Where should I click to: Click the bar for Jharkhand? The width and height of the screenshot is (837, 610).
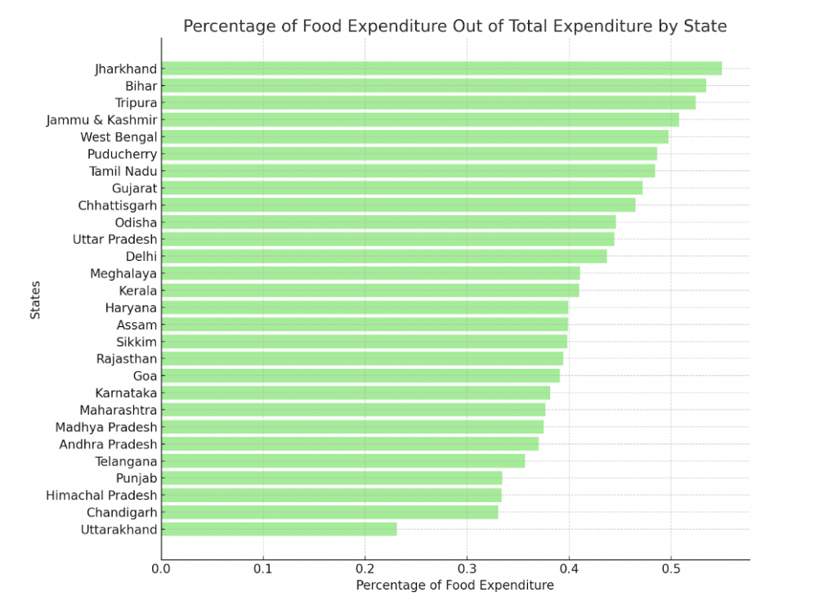tap(441, 69)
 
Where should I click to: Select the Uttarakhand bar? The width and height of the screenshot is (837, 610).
tap(279, 530)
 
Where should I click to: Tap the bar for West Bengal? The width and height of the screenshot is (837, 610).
tap(414, 137)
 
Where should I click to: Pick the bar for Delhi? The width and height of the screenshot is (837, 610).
tap(384, 257)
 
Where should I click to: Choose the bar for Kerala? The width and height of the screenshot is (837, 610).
tap(370, 290)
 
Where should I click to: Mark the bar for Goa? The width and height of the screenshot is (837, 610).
tap(360, 376)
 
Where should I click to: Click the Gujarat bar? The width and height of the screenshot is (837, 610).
tap(402, 188)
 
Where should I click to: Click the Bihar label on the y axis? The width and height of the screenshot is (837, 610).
tap(141, 86)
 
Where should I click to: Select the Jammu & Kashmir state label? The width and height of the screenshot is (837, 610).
tap(101, 120)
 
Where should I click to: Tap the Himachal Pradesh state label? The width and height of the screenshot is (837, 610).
tap(101, 496)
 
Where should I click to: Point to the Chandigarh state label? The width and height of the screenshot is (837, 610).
tap(122, 513)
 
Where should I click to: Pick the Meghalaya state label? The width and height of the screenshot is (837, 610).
tap(123, 274)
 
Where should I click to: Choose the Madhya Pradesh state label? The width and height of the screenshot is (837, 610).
tap(106, 427)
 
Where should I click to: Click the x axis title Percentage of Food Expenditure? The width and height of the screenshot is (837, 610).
tap(454, 585)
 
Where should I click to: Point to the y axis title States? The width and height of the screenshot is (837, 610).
tap(36, 301)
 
